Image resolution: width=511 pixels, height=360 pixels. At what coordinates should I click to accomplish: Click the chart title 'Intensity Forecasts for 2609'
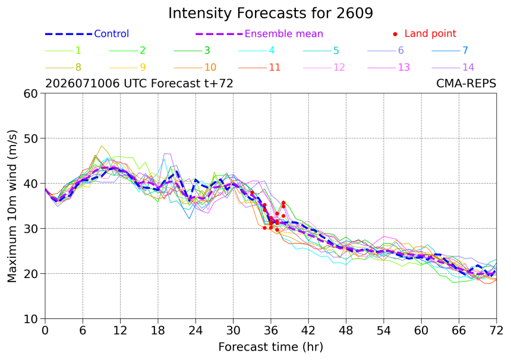coord(270,13)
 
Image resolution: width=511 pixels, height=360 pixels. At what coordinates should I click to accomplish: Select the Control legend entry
coord(87,33)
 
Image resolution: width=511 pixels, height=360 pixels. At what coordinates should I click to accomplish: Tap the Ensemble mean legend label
coord(283,33)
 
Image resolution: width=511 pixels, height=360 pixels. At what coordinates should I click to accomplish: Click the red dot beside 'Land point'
coord(395,34)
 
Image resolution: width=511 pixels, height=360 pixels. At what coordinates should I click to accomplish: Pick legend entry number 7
coord(450,50)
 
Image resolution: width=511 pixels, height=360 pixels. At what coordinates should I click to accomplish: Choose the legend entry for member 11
coord(260,68)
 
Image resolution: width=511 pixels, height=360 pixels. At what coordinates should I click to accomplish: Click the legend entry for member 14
coord(453,68)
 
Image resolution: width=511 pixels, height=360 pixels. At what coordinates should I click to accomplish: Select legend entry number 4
coord(257,50)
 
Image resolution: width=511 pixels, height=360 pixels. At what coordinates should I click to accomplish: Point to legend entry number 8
coord(63,68)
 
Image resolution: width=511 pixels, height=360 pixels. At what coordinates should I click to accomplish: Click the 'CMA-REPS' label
coord(466,84)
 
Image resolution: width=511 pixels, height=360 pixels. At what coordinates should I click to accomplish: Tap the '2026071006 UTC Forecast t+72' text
coord(139,84)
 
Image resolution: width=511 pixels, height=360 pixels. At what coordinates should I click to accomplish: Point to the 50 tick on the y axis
coord(31,138)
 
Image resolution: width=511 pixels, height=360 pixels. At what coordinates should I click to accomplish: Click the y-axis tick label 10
coord(31,319)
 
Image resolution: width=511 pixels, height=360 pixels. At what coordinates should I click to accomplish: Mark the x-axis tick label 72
coord(496,331)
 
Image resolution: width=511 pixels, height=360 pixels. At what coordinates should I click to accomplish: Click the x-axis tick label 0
coord(45,331)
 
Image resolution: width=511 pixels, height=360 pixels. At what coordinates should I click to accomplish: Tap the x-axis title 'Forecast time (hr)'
coord(270,347)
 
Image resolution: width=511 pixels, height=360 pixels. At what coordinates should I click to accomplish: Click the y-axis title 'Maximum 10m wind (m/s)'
coord(12,206)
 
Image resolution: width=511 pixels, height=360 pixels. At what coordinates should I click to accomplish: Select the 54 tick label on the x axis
coord(384,331)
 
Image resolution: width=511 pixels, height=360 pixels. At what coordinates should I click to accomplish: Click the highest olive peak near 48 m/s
coord(102,146)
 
